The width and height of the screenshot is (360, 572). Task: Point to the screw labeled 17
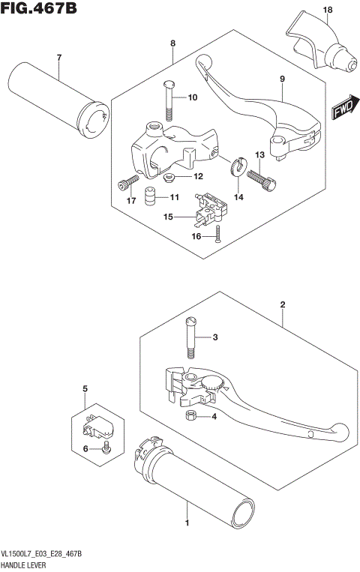pos(126,183)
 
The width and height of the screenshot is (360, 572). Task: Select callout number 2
pos(282,304)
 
